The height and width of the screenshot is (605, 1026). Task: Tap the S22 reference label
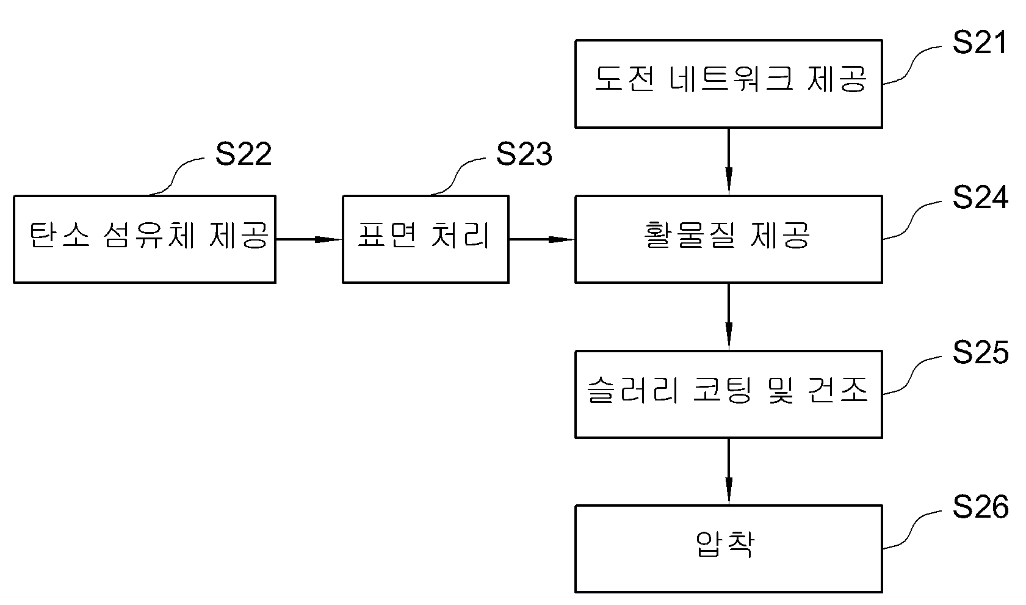pos(243,154)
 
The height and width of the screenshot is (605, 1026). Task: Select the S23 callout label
pos(524,154)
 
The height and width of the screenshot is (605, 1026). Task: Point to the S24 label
pos(980,197)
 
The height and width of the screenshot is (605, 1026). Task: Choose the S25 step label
pos(980,353)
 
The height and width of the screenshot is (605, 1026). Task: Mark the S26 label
pos(980,507)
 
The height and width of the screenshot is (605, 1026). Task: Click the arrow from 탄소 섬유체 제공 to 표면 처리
pos(309,239)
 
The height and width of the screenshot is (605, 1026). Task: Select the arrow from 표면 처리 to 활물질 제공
pos(542,239)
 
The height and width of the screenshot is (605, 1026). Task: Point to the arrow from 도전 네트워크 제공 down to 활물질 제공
pos(729,162)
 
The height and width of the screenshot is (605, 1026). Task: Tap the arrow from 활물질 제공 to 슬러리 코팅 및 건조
pos(729,317)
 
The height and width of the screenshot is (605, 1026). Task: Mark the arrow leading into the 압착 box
pos(729,472)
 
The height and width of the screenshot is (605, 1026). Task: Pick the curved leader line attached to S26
pos(911,529)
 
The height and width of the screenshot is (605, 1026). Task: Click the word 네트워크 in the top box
pos(731,79)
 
